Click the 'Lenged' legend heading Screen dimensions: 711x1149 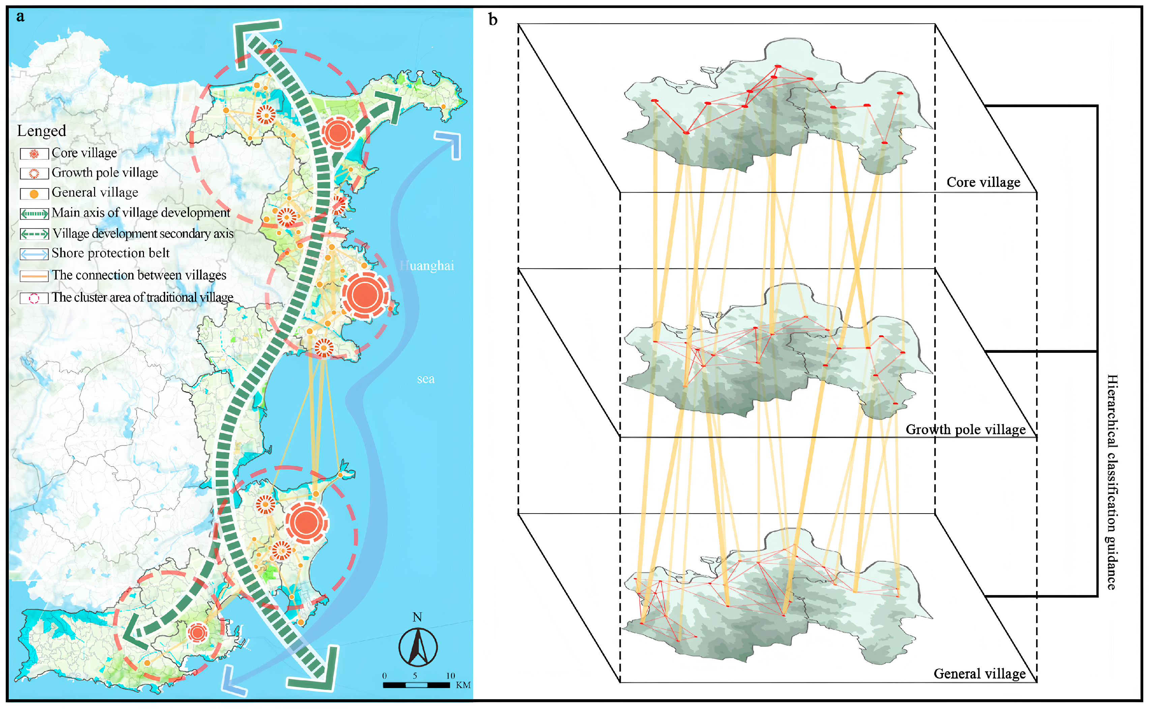pos(41,131)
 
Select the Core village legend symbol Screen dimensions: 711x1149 pos(34,154)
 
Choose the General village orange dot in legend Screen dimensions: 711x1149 pos(34,194)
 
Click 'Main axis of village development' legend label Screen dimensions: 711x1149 pos(141,213)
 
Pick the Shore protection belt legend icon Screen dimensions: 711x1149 pos(34,254)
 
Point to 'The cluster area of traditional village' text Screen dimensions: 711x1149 pos(142,297)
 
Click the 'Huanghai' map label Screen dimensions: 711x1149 pos(427,266)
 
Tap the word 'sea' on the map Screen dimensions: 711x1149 pos(425,379)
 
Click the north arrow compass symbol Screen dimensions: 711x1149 pos(418,647)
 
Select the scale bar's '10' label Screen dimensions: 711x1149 pos(450,675)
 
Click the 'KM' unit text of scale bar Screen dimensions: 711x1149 pos(463,685)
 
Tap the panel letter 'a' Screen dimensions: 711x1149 pos(20,17)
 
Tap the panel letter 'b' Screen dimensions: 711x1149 pos(493,20)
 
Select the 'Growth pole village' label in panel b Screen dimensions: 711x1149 pos(966,429)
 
